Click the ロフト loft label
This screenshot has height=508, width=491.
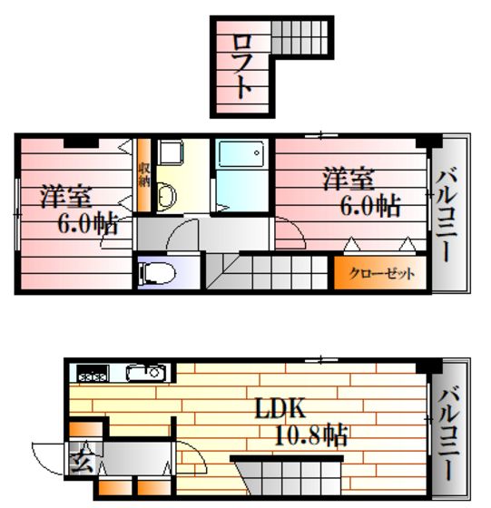(241, 66)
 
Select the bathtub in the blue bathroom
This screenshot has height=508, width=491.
(241, 154)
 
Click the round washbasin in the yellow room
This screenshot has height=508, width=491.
(167, 196)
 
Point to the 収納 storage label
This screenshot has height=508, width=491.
(144, 175)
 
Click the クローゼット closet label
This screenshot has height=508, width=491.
(381, 274)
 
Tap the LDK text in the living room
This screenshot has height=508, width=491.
(280, 408)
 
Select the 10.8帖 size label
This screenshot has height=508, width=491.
(310, 435)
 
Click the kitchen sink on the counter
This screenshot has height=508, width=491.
(147, 373)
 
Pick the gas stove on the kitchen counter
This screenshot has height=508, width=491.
(93, 373)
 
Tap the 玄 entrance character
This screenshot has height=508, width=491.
(82, 457)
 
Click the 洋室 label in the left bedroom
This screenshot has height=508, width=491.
(65, 196)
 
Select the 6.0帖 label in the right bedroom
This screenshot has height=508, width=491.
(370, 205)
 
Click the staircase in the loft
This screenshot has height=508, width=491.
(300, 37)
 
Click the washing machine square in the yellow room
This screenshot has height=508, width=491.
(171, 151)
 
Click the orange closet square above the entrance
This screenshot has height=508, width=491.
(86, 429)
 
